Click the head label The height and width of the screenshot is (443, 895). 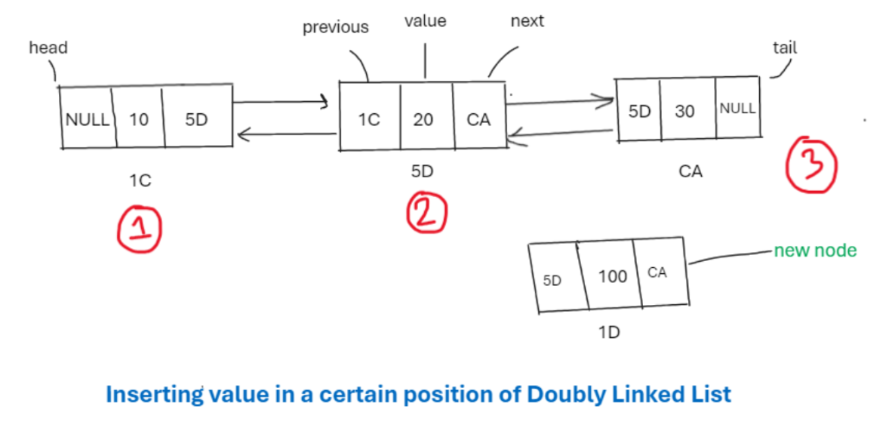coord(48,48)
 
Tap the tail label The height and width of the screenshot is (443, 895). coord(785,48)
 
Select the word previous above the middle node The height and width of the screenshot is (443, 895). coord(335,27)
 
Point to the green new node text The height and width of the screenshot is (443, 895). coord(815,251)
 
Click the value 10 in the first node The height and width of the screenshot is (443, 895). coord(139,119)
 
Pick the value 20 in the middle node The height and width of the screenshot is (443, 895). coord(423,119)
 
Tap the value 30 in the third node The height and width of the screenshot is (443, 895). coord(684,111)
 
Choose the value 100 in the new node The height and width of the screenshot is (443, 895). coord(612,277)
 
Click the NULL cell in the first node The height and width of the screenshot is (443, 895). coord(88,119)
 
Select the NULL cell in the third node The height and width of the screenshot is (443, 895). coord(737,108)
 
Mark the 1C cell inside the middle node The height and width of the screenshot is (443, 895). coord(368,119)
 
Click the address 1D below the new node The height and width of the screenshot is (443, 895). coord(609,332)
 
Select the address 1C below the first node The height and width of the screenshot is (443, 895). coord(140,180)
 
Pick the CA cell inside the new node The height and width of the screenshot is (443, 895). coord(657,272)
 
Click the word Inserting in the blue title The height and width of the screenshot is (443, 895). coord(154,394)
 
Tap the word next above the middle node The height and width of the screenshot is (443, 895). coord(527,21)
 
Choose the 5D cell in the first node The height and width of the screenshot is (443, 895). coord(195,119)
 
